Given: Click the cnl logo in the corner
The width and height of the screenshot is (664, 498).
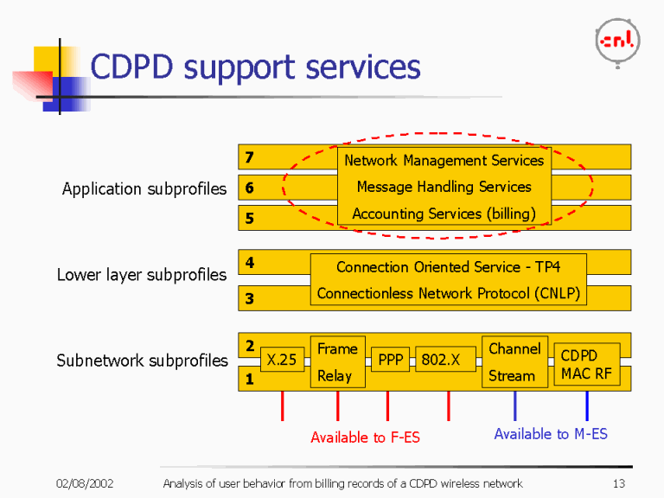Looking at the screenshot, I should pyautogui.click(x=617, y=40).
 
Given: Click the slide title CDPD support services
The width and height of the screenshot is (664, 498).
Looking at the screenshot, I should pyautogui.click(x=255, y=67).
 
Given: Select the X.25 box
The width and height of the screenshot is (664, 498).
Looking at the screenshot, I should pyautogui.click(x=282, y=360).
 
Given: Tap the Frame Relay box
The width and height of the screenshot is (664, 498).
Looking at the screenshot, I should pyautogui.click(x=337, y=361).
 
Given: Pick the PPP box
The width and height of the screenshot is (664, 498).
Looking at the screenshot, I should pyautogui.click(x=391, y=360).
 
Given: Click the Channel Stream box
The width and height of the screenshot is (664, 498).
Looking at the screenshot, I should pyautogui.click(x=514, y=361).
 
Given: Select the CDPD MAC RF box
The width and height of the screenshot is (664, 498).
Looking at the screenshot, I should pyautogui.click(x=586, y=364).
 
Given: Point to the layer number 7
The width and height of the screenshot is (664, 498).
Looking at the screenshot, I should pyautogui.click(x=249, y=157).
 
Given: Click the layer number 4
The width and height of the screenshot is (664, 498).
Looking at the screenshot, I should pyautogui.click(x=249, y=263).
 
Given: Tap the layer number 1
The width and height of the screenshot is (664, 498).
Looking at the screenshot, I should pyautogui.click(x=249, y=378).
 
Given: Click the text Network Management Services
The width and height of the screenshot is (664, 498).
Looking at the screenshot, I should pyautogui.click(x=444, y=161).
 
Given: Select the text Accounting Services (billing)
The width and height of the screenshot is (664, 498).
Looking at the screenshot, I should pyautogui.click(x=444, y=214).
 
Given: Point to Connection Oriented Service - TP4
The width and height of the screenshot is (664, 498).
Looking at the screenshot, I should pyautogui.click(x=448, y=267).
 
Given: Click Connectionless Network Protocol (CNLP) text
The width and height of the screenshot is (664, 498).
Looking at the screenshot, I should pyautogui.click(x=448, y=294).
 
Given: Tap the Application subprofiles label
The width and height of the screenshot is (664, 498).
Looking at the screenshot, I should pyautogui.click(x=144, y=188).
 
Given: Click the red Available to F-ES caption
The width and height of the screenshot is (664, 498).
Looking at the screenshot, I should pyautogui.click(x=365, y=437).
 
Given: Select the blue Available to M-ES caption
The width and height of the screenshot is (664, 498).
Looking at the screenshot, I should pyautogui.click(x=550, y=434).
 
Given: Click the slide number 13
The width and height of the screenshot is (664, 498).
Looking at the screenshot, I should pyautogui.click(x=617, y=483).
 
